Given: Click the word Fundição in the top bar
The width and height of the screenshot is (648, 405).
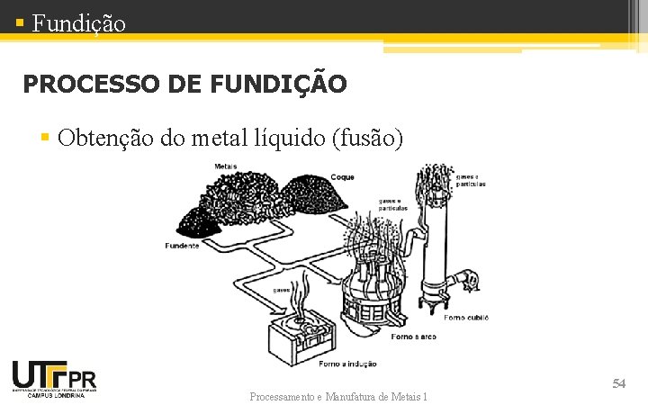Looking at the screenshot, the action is coord(79,22).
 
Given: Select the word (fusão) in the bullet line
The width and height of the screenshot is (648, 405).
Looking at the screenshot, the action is coord(368,138).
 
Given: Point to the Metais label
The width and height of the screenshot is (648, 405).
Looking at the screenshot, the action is coord(226,166).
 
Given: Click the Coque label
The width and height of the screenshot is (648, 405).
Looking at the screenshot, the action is coord(343,177).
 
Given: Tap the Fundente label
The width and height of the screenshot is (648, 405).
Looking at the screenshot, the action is coord(183,246).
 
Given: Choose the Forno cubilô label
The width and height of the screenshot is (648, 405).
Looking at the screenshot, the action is coord(467,318).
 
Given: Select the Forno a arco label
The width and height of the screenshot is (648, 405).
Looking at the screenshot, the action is coord(414,337).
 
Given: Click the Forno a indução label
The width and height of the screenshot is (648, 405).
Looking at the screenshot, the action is coord(348,364).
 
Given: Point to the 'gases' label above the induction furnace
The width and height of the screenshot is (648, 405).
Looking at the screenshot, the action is coord(281,290).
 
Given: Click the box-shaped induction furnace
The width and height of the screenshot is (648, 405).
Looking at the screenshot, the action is coord(301,337).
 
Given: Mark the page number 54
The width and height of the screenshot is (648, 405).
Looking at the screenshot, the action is coord(618,384).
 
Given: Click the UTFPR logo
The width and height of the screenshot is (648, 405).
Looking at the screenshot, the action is coord(54,375).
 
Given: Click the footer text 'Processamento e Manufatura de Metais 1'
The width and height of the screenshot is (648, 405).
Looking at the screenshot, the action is coord(338,396).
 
